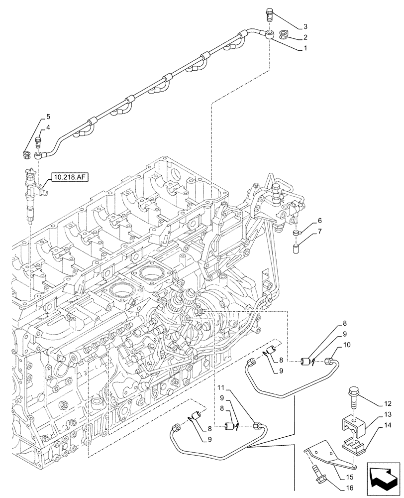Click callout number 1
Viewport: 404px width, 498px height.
pos(305,49)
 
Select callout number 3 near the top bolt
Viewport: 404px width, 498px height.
pos(305,26)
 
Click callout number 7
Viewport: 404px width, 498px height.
pos(319,232)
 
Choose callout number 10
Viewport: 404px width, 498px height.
pos(347,345)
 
